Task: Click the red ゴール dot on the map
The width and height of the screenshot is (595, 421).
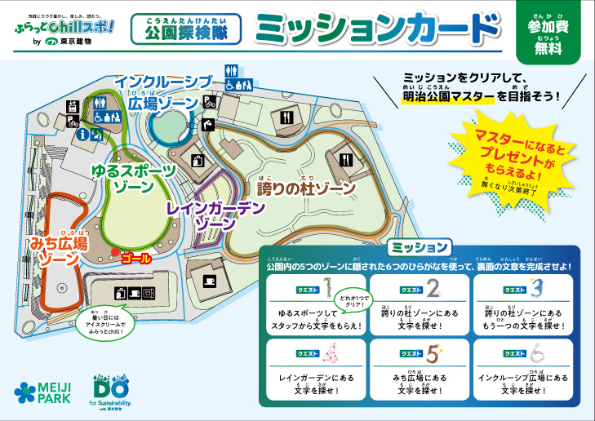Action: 115,251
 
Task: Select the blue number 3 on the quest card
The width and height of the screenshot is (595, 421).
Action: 535,287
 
